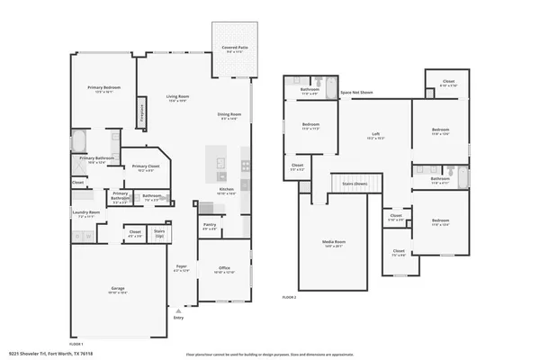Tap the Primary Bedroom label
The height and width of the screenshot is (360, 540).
coord(104,87)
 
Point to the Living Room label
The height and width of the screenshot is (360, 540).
coord(176,96)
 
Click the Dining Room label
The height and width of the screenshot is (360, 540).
coord(229,114)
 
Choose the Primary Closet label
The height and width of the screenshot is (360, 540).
coord(146,166)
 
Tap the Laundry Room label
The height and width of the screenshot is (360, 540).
coord(87,212)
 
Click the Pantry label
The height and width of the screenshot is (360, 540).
coord(209,227)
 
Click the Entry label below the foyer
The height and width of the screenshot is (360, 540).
coord(178,318)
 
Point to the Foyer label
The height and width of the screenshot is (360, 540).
coord(181,267)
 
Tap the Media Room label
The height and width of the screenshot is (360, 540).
coord(334,242)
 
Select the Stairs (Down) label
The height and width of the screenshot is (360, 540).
coord(355,183)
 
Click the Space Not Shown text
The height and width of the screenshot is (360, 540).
coord(356,92)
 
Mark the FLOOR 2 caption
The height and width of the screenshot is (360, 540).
coord(289,296)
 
